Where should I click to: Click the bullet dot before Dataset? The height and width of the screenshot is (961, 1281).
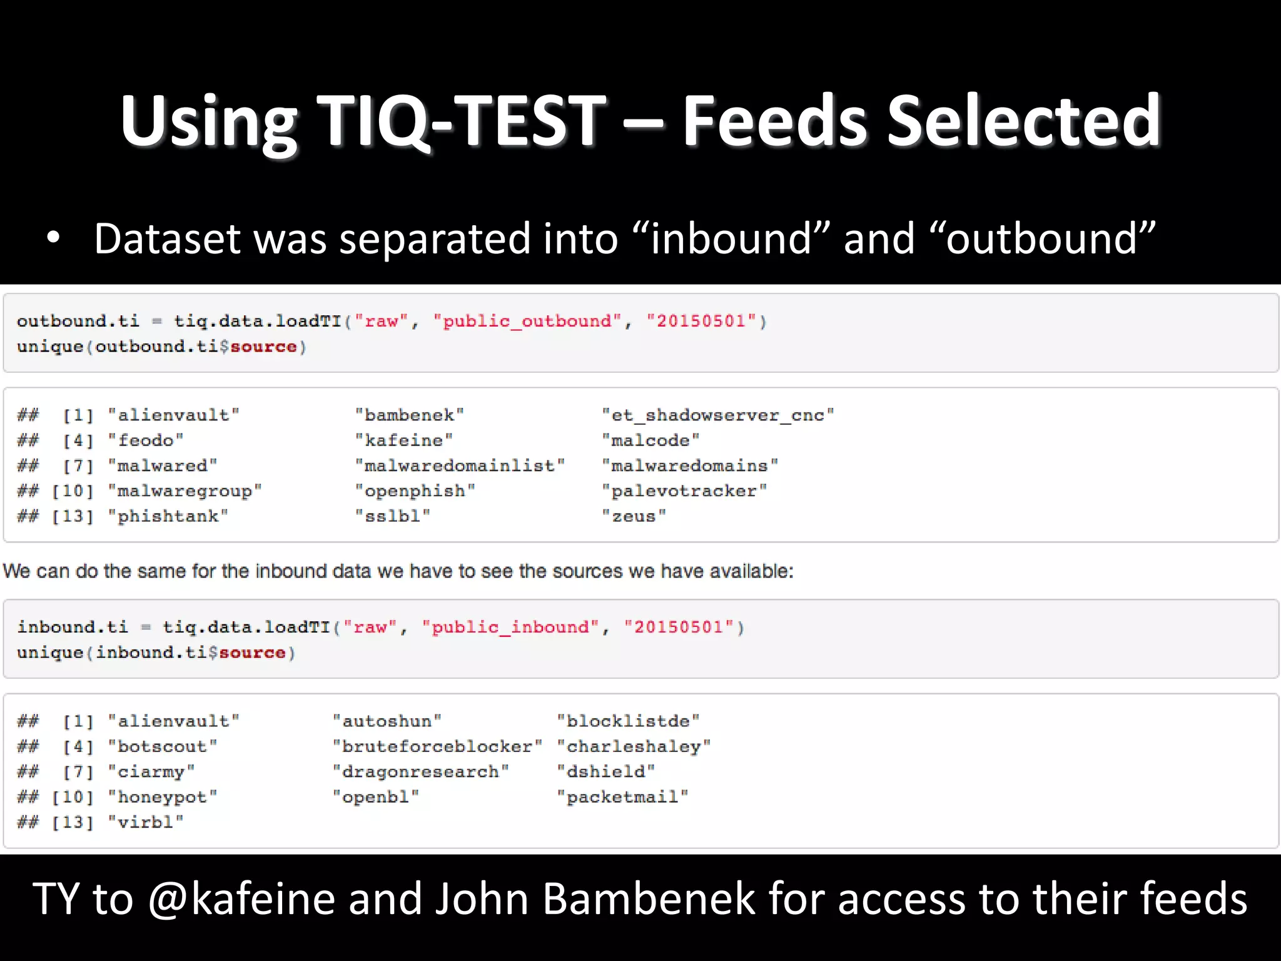54,238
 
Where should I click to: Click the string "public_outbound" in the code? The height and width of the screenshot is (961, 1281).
527,322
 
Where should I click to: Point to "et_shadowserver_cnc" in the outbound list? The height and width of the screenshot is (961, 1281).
718,415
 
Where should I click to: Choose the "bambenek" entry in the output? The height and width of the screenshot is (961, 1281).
410,415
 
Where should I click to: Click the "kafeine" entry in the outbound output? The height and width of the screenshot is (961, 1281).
404,440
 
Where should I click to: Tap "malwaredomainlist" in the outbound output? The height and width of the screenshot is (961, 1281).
460,466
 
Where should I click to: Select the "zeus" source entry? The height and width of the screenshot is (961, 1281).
634,517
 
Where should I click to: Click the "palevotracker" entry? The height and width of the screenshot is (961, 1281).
684,491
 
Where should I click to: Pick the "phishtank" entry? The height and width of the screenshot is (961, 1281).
168,517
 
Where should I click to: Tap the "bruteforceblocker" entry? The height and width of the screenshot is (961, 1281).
437,747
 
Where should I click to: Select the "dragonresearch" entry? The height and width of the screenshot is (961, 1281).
420,772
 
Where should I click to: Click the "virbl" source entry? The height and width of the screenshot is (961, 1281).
146,823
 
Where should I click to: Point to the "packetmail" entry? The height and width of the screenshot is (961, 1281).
622,798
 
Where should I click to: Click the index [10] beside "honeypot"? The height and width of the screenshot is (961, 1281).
73,798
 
